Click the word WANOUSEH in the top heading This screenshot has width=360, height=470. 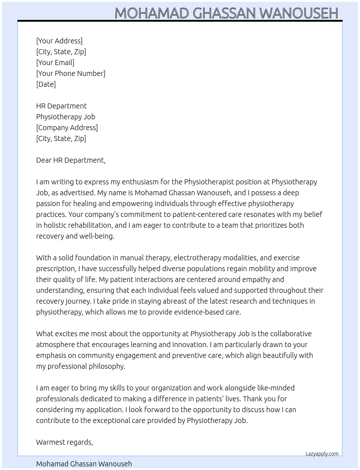click(x=299, y=13)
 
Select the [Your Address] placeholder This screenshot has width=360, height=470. click(x=59, y=41)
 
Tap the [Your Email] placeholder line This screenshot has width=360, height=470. click(x=55, y=63)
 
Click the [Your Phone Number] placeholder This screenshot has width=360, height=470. click(x=71, y=73)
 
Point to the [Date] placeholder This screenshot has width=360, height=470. click(x=46, y=84)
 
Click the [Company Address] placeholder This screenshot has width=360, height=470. click(x=67, y=128)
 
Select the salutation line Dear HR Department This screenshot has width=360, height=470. click(x=71, y=160)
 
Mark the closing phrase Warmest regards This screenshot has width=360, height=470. click(x=64, y=442)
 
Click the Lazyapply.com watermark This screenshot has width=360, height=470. click(x=322, y=454)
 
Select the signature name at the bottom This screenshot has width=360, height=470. click(x=84, y=464)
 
